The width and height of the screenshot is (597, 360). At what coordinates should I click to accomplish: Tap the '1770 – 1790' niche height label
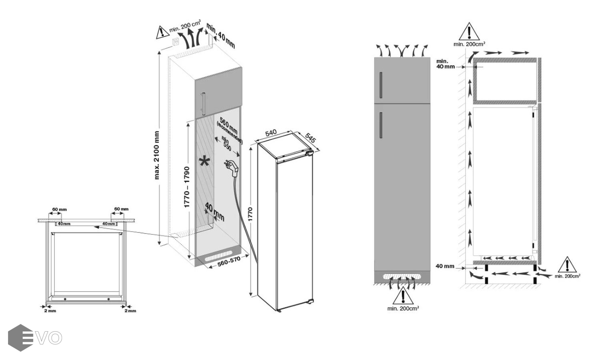click(186, 187)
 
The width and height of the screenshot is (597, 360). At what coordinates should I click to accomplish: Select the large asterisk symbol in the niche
click(204, 162)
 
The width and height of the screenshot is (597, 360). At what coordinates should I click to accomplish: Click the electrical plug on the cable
click(232, 168)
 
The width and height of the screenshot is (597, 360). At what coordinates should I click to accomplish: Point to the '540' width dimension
click(271, 132)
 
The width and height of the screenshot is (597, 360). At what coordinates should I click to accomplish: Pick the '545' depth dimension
click(311, 138)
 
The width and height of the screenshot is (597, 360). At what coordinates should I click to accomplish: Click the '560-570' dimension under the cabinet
click(228, 262)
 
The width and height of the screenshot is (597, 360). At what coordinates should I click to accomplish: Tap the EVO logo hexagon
click(20, 338)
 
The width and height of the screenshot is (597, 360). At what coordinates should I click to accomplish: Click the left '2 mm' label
click(50, 311)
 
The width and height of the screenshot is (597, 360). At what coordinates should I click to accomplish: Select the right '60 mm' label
click(121, 209)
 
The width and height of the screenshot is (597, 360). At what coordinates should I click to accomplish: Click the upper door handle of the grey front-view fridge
click(381, 85)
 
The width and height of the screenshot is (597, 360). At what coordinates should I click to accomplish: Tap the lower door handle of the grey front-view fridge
click(381, 125)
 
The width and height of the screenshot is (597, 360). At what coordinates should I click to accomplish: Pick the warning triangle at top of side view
click(469, 32)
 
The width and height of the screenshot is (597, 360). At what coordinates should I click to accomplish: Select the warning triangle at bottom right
click(567, 265)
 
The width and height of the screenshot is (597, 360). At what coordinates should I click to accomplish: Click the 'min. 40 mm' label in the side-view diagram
click(445, 64)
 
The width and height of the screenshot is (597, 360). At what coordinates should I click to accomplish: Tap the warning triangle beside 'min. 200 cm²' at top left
click(162, 32)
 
